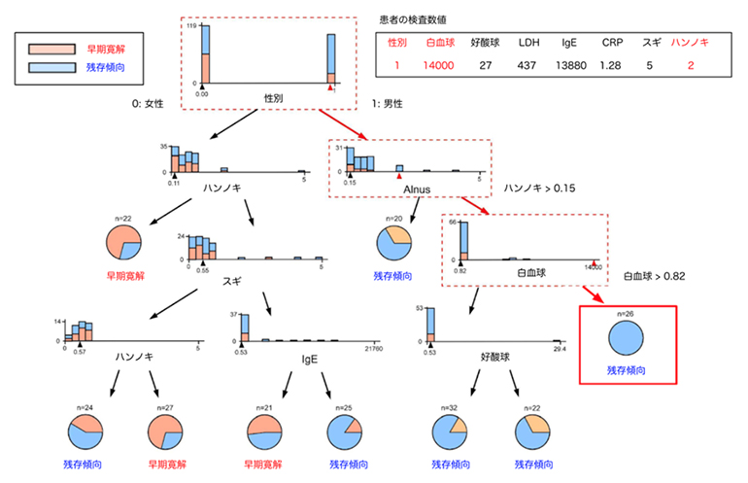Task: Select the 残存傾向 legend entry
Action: (x=68, y=68)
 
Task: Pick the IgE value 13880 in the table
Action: (x=571, y=66)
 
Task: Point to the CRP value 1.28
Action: (x=612, y=66)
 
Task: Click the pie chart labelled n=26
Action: (x=627, y=340)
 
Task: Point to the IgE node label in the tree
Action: (x=295, y=359)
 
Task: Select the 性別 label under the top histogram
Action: (x=274, y=98)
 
